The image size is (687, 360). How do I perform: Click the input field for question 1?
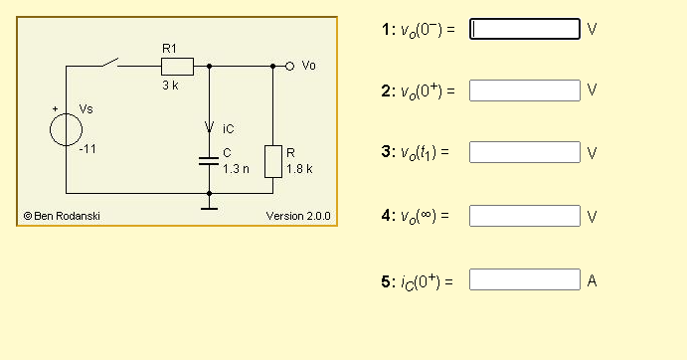[524, 29]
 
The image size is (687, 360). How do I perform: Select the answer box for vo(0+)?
[524, 90]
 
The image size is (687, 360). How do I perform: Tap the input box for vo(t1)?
[524, 152]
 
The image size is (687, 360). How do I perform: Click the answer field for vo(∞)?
[524, 215]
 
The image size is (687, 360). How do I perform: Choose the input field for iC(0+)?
[524, 279]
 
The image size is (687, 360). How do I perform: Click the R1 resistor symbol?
[176, 67]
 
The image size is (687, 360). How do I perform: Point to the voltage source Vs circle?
[66, 129]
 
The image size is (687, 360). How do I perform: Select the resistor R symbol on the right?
[273, 161]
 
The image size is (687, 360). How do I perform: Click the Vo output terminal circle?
[289, 67]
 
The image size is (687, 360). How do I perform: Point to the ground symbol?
[209, 206]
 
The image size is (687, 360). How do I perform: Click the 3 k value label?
[170, 87]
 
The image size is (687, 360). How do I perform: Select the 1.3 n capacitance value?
[236, 169]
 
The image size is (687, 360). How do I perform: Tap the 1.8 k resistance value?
[299, 169]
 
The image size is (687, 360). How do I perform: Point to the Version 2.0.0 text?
[298, 216]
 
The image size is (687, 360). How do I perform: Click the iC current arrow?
[209, 127]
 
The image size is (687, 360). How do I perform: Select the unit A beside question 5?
[592, 280]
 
